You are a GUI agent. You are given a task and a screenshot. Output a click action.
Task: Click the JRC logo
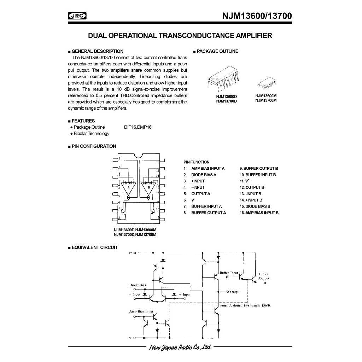click(77, 16)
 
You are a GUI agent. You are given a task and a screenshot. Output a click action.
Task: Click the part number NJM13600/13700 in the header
click(257, 16)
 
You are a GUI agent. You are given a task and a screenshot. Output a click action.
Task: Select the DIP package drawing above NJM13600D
click(223, 79)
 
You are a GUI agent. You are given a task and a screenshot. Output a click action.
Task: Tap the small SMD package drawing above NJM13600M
click(267, 83)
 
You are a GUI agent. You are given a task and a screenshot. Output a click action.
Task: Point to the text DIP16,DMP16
click(138, 127)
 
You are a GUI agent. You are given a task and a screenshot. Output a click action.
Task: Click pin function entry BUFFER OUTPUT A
click(205, 213)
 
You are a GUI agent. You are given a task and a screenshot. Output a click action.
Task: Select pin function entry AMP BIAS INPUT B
click(259, 213)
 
